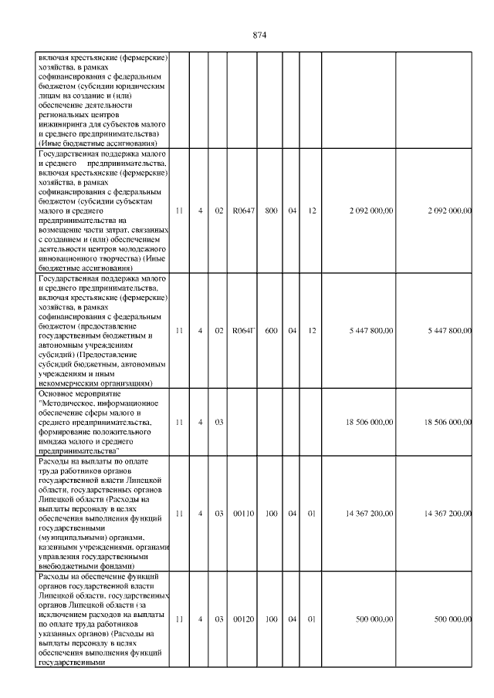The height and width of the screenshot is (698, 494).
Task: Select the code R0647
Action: (x=243, y=211)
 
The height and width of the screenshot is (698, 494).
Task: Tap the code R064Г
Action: (x=243, y=330)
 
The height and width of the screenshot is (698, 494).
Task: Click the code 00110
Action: (x=243, y=514)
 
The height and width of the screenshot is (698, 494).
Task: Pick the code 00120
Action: (x=243, y=619)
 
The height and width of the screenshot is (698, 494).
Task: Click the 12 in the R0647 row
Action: (x=313, y=211)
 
